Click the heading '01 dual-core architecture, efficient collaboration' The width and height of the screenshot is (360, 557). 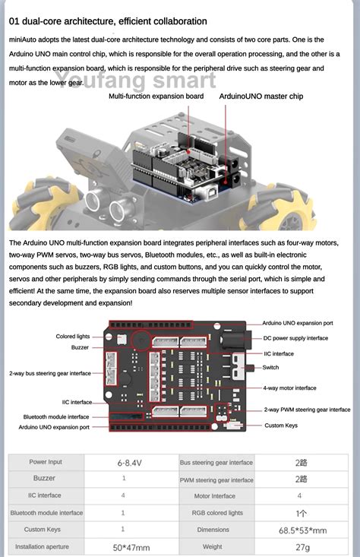[x=108, y=21]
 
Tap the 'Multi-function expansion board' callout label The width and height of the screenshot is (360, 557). [x=156, y=97]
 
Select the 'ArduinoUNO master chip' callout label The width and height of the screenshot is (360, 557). [x=261, y=97]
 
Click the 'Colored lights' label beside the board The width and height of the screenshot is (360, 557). [x=72, y=336]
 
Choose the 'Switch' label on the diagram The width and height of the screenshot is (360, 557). [x=271, y=367]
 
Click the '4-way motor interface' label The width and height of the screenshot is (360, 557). [x=289, y=388]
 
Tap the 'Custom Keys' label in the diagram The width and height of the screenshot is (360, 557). [x=285, y=425]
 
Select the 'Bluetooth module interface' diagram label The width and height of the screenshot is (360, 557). [x=55, y=416]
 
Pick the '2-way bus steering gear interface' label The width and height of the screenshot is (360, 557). [x=50, y=373]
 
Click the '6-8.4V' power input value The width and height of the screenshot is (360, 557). [x=125, y=462]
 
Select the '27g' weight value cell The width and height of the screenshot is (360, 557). [x=302, y=546]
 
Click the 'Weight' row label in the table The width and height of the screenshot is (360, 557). [x=213, y=546]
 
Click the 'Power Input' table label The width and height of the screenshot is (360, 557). [x=46, y=461]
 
